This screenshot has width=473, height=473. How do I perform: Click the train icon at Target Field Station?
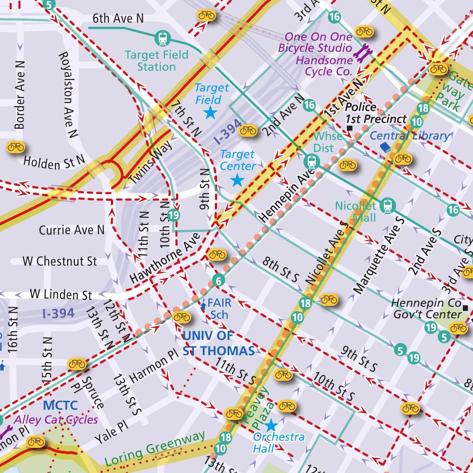point(163,38)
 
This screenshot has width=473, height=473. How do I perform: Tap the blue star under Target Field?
point(211,112)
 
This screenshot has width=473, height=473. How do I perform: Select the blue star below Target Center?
point(237,180)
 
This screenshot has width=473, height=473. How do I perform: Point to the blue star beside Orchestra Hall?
point(271,425)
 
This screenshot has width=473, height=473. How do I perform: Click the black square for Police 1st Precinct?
point(350,127)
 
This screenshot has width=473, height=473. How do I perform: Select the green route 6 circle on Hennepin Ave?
point(219,280)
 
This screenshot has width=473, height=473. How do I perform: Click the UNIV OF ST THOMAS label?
point(218,343)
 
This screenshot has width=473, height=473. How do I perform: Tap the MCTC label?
point(60,406)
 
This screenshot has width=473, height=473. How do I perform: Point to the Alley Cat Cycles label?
point(56,420)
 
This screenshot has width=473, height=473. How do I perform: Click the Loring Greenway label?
point(154,449)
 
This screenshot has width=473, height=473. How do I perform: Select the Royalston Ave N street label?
point(68,95)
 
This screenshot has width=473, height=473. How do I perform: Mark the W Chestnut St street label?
point(60,261)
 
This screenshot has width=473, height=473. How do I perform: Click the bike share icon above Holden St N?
point(16,147)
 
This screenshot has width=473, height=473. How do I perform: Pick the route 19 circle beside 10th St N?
point(174,215)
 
